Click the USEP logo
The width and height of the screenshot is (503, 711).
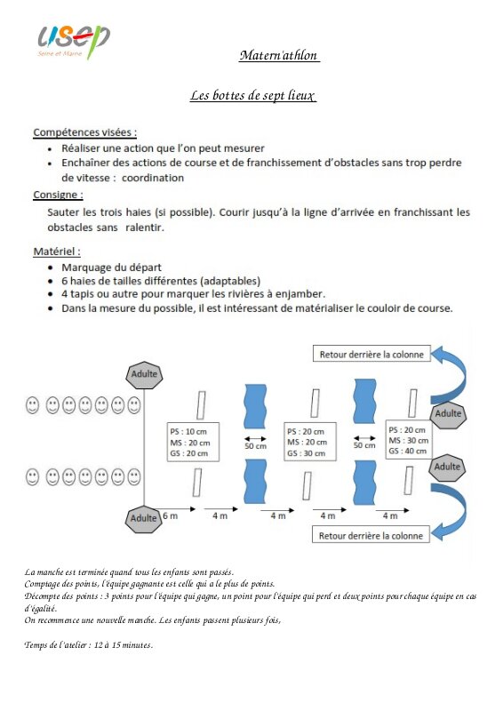(x=74, y=41)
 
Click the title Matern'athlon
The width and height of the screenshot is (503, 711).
(x=279, y=55)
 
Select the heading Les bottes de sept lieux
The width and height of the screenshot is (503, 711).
(x=252, y=95)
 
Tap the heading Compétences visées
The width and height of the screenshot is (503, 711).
(x=84, y=132)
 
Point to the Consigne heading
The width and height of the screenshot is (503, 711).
(x=58, y=195)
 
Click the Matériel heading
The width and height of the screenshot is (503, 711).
(x=57, y=252)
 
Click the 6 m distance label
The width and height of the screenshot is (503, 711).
(x=170, y=515)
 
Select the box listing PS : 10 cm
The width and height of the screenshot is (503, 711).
(x=193, y=442)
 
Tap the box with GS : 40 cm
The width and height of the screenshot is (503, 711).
(x=409, y=440)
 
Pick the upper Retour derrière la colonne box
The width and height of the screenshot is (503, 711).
(x=371, y=354)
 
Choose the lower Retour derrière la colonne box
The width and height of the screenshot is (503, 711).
(x=371, y=535)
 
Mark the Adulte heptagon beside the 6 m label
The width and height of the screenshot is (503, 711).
(x=143, y=519)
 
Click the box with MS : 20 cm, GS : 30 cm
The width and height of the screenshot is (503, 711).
(x=310, y=442)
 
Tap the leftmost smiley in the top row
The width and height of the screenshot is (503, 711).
(x=32, y=405)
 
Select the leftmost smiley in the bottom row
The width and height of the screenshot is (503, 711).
(x=32, y=477)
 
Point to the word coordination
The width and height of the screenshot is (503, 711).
(x=153, y=178)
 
